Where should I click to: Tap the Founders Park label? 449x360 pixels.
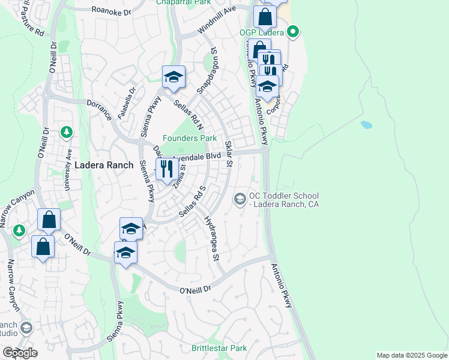coord(190,138)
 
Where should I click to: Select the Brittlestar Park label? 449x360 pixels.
coord(219,348)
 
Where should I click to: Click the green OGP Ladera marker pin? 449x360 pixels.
coord(293,31)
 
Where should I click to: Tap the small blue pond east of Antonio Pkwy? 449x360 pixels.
coord(366,125)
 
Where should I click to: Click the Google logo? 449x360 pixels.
coord(20,353)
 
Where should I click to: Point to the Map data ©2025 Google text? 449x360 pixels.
coord(411,355)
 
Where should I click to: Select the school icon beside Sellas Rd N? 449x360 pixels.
coord(173,77)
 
